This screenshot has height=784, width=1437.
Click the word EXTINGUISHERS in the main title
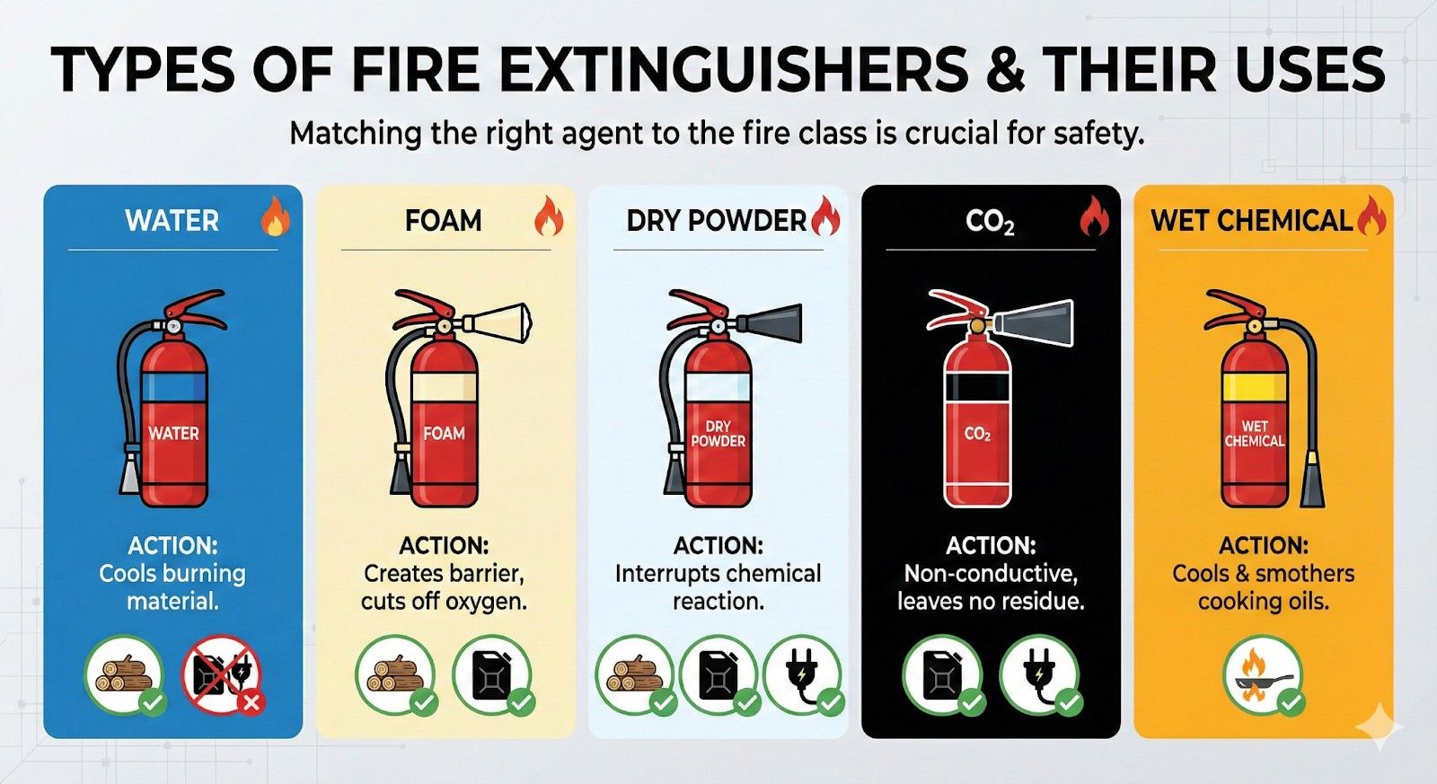(734, 70)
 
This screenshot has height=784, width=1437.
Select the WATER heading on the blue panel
(172, 221)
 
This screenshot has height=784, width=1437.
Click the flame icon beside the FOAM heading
(548, 216)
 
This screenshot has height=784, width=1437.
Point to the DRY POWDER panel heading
(716, 221)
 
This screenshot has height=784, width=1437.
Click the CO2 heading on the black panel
(990, 221)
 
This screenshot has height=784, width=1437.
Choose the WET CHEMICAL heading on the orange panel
(1251, 221)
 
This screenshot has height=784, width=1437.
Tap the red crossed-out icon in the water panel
(221, 675)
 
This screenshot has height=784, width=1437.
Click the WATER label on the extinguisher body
(173, 434)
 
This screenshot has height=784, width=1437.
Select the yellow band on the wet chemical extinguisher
(1255, 388)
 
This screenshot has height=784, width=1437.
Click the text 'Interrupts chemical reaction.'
(718, 587)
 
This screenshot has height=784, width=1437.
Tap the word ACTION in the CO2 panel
(990, 545)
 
